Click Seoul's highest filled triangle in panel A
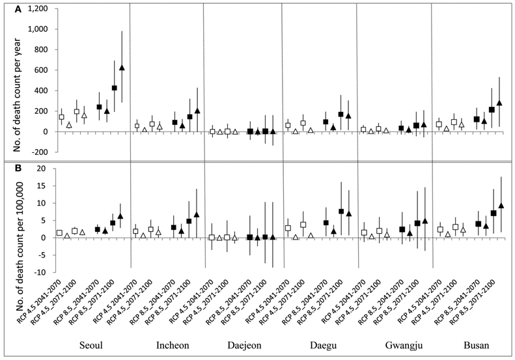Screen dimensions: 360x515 point(122,68)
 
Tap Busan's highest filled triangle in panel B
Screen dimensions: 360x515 point(501,206)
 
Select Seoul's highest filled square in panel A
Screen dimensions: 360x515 point(115,88)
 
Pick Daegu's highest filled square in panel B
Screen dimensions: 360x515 point(341,211)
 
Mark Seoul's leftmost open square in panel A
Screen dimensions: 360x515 point(62,117)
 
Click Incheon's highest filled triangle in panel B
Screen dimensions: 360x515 point(196,215)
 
